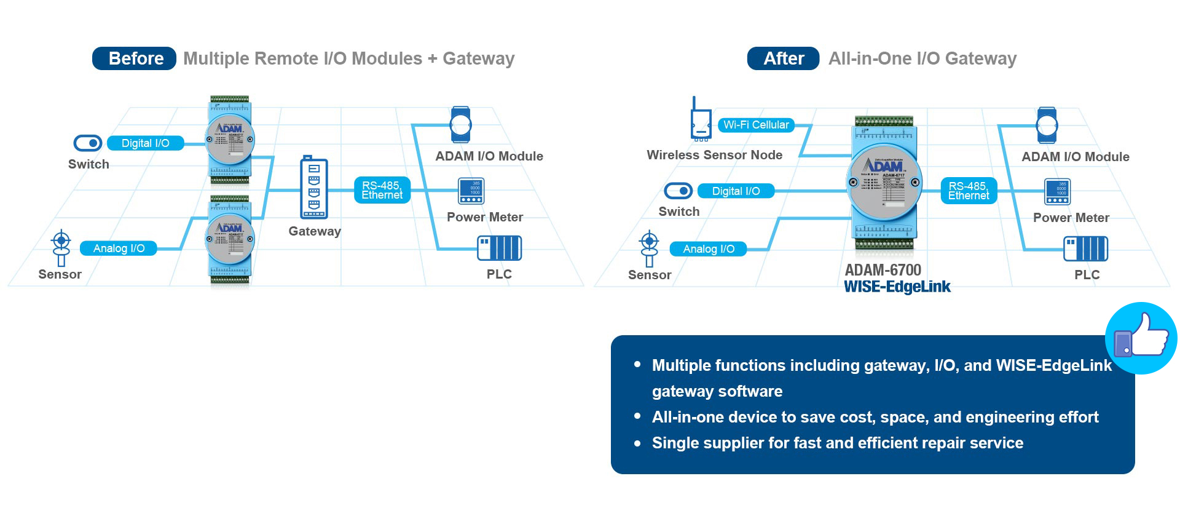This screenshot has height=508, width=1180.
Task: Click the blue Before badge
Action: coord(134,58)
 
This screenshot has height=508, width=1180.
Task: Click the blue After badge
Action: coord(783,58)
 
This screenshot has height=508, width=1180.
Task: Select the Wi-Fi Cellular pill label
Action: coord(756,125)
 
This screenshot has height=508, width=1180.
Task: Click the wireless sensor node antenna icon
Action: coord(700,119)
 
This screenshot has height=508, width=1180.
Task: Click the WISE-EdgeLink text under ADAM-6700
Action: coord(897,287)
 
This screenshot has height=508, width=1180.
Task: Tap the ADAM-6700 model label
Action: coord(883,270)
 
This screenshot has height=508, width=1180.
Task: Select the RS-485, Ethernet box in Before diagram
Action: coord(382,190)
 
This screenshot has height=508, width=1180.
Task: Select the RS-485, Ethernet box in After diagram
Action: coord(969,191)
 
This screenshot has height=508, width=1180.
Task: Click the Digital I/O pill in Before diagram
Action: coord(146,143)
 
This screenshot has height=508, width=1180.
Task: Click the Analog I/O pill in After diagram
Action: coord(709,249)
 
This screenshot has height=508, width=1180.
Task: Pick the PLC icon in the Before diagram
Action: coord(499,248)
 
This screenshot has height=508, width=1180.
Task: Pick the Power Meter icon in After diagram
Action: coord(1057,192)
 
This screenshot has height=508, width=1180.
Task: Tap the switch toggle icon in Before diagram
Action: coord(88,143)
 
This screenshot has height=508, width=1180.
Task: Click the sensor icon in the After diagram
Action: coord(649,248)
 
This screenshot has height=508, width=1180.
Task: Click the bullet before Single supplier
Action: coord(637,443)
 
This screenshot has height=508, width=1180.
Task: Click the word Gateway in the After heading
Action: coord(980,58)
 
